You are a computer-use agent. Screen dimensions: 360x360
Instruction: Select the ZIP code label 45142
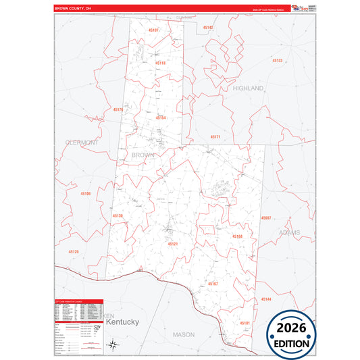click(x=208, y=28)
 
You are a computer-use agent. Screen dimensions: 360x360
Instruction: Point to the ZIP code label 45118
click(x=160, y=63)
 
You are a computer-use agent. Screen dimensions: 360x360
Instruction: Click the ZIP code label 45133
click(x=278, y=61)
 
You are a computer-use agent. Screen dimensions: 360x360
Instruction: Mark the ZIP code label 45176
click(x=118, y=109)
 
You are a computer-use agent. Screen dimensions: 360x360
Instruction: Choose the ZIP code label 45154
click(x=161, y=118)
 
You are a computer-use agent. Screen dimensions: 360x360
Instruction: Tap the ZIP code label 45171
click(x=215, y=136)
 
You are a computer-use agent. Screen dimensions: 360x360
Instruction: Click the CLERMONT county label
click(x=82, y=143)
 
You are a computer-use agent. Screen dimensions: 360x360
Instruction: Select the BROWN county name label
click(x=143, y=155)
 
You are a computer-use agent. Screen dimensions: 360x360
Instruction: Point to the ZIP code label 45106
click(x=85, y=194)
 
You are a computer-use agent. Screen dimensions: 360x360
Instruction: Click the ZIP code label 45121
click(x=173, y=244)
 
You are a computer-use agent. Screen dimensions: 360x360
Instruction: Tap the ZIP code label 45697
click(x=266, y=218)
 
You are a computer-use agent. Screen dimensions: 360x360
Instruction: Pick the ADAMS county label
click(x=288, y=232)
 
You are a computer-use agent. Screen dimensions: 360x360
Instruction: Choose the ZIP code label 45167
click(x=213, y=284)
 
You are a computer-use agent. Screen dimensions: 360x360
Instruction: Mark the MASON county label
click(x=183, y=334)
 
